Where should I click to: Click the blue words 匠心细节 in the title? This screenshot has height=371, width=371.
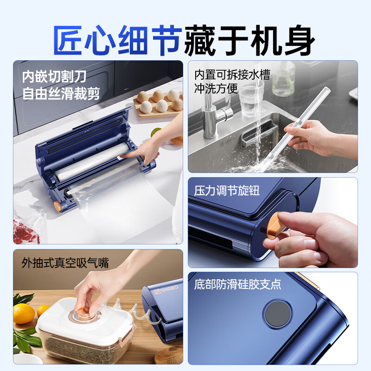(x=118, y=39)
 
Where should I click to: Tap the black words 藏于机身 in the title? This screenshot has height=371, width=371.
(x=250, y=39)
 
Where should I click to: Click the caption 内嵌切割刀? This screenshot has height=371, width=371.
(x=54, y=76)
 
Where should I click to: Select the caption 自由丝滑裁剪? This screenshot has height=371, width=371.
(x=61, y=93)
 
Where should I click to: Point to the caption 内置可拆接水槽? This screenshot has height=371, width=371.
(x=232, y=74)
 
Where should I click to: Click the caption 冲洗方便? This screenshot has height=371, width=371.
(x=216, y=88)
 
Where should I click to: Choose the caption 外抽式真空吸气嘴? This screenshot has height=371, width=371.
(x=65, y=263)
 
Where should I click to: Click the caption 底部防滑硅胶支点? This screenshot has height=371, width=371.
(x=237, y=284)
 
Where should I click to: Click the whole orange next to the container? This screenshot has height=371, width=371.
(x=24, y=313)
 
